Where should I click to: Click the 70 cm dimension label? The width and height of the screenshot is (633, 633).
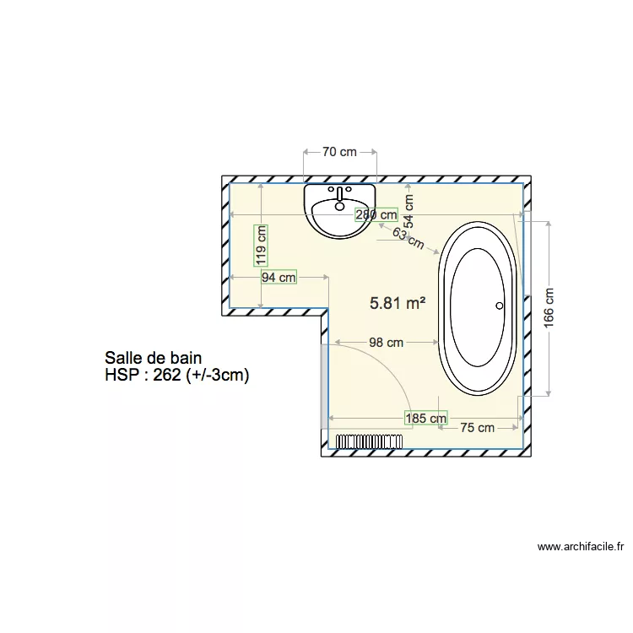point(339,152)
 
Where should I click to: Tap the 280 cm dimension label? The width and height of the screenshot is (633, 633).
point(376,214)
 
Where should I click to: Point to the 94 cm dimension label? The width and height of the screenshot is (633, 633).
point(279,277)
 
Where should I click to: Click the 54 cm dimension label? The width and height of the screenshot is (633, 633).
point(409,211)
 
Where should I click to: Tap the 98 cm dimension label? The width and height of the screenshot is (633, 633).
point(387,342)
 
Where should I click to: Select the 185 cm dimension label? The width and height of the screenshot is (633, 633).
point(426,418)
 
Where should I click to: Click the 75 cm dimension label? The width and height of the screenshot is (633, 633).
point(478,428)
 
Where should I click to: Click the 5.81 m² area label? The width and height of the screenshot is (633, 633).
point(398,303)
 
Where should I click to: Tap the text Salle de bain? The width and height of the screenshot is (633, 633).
point(153,359)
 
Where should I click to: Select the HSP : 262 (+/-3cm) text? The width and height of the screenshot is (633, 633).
point(177,376)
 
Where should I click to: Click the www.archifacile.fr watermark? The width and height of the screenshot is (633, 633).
point(581,547)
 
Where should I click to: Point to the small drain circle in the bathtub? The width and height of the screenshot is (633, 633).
point(499,306)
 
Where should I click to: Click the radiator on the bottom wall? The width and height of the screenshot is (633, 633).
point(369,441)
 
